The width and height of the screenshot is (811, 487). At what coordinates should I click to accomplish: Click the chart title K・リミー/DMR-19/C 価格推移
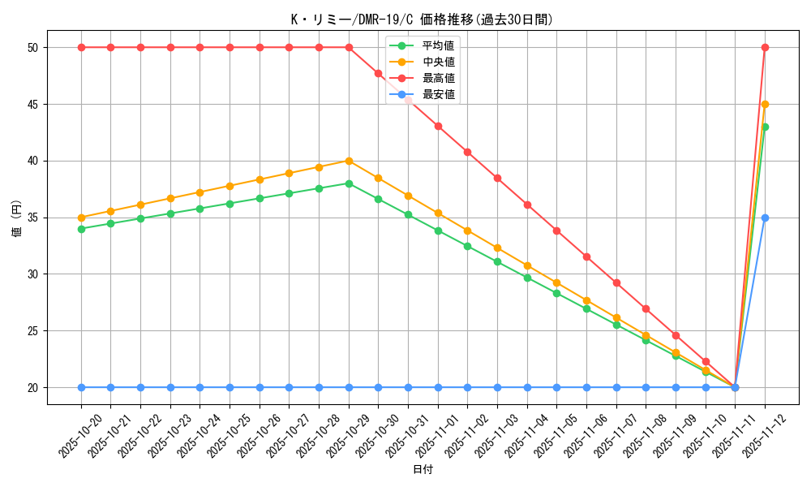422,19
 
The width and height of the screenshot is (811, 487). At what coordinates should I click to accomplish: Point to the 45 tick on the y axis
32,104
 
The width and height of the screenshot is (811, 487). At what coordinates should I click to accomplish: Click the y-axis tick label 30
32,274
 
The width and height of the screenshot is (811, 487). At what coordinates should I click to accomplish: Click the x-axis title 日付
423,470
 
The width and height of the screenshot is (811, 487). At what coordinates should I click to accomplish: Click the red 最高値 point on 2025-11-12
765,47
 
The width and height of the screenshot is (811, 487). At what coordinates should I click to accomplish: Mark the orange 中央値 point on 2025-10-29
349,161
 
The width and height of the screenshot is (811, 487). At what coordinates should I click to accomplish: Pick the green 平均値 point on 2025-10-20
81,229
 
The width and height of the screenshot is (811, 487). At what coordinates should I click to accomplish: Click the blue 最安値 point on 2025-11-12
765,218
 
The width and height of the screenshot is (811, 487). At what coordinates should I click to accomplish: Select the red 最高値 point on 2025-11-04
527,205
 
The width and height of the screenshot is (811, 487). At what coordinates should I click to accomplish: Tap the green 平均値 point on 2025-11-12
765,127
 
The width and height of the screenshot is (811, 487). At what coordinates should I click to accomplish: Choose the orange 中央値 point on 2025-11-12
765,104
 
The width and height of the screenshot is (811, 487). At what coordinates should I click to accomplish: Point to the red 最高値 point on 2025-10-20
81,47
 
